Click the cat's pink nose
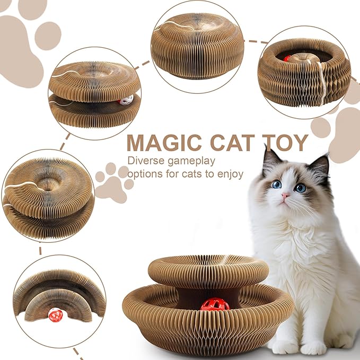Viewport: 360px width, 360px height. tap(286, 197)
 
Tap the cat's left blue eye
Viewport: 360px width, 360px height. tap(277, 184)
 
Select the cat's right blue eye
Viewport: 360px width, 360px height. tap(301, 187)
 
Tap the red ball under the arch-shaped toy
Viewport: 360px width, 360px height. tap(56, 315)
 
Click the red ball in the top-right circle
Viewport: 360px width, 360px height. tap(287, 59)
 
